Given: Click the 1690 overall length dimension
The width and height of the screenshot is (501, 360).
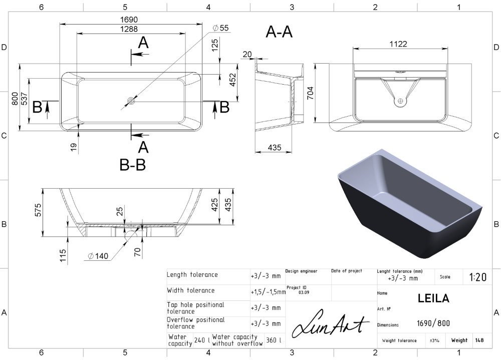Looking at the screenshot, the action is click(129, 20).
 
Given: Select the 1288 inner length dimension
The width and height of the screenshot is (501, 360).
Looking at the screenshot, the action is click(129, 29).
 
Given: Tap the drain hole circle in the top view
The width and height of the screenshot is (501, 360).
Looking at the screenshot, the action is click(131, 101).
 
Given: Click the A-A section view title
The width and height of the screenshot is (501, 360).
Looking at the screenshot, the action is click(279, 32).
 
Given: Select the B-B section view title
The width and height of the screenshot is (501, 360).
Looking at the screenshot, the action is click(133, 165).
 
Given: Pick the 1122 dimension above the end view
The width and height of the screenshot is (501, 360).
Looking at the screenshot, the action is click(398, 44).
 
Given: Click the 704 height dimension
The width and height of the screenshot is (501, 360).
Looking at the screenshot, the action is click(310, 93).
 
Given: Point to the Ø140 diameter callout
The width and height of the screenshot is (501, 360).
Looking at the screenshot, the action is click(98, 256).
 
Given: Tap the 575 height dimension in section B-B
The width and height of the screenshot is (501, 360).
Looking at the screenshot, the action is click(38, 210).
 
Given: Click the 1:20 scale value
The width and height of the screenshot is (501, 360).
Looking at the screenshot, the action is click(477, 277).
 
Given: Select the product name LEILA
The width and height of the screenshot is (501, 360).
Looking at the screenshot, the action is click(433, 298).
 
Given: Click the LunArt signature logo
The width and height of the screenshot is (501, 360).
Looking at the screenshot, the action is click(331, 323).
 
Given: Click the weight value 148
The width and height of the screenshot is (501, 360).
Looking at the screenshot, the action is click(479, 340).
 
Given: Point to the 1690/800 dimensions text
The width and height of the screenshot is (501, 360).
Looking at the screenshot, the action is click(433, 323).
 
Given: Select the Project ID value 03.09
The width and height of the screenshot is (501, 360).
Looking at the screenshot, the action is click(304, 292).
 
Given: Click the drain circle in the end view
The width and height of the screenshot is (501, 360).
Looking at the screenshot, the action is click(400, 101).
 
